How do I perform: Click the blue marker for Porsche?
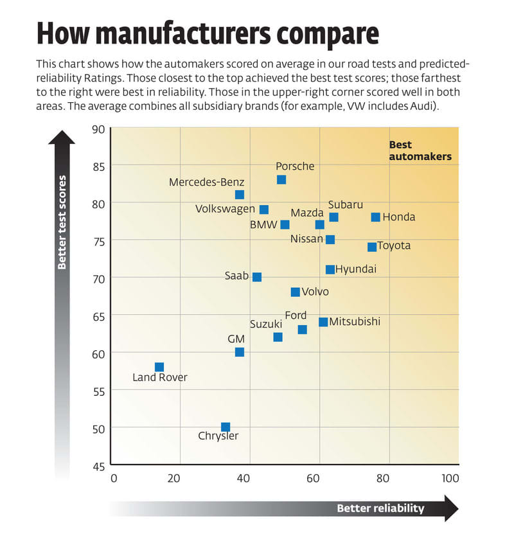tap(281, 180)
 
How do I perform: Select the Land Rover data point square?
tap(159, 367)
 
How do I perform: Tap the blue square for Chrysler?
tap(226, 427)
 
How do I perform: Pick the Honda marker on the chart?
tap(376, 217)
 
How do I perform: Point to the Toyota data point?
tap(372, 247)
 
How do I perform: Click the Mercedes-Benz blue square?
tap(240, 195)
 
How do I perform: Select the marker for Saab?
tap(257, 277)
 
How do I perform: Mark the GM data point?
tap(240, 352)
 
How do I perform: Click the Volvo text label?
tap(315, 292)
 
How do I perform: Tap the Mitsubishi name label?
tap(355, 321)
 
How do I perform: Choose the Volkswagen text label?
tap(226, 209)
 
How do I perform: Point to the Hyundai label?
tap(355, 269)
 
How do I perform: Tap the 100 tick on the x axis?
tap(450, 478)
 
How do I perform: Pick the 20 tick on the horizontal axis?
tap(173, 478)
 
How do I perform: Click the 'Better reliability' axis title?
tap(380, 508)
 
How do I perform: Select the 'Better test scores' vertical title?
tap(62, 222)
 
